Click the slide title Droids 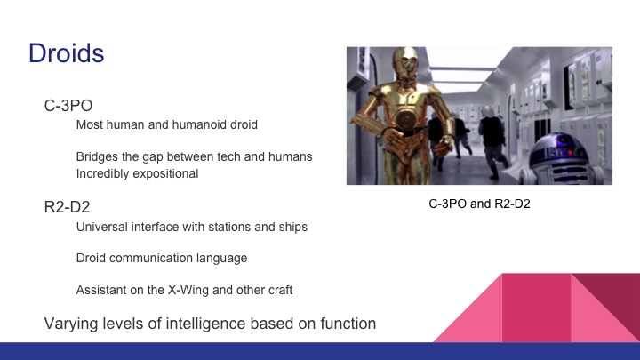(67, 53)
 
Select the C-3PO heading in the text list (68, 105)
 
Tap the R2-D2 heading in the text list (68, 208)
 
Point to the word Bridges (99, 156)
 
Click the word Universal (103, 227)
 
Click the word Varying (70, 324)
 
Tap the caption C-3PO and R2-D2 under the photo (479, 204)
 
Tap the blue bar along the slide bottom (320, 351)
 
